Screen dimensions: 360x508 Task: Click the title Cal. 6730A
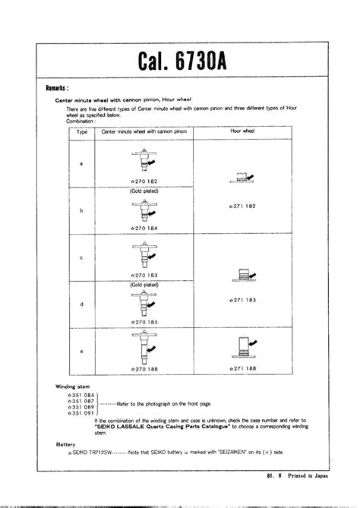coord(180,60)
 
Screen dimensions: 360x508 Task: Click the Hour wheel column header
coord(245,131)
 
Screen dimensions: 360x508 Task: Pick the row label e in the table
coord(81,352)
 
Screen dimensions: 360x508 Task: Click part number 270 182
coord(143,182)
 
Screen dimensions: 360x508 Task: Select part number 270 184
coord(143,228)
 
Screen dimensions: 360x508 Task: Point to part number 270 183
coord(143,275)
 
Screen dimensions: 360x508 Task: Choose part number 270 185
coord(143,321)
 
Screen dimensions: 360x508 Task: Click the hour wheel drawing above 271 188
coord(245,347)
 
